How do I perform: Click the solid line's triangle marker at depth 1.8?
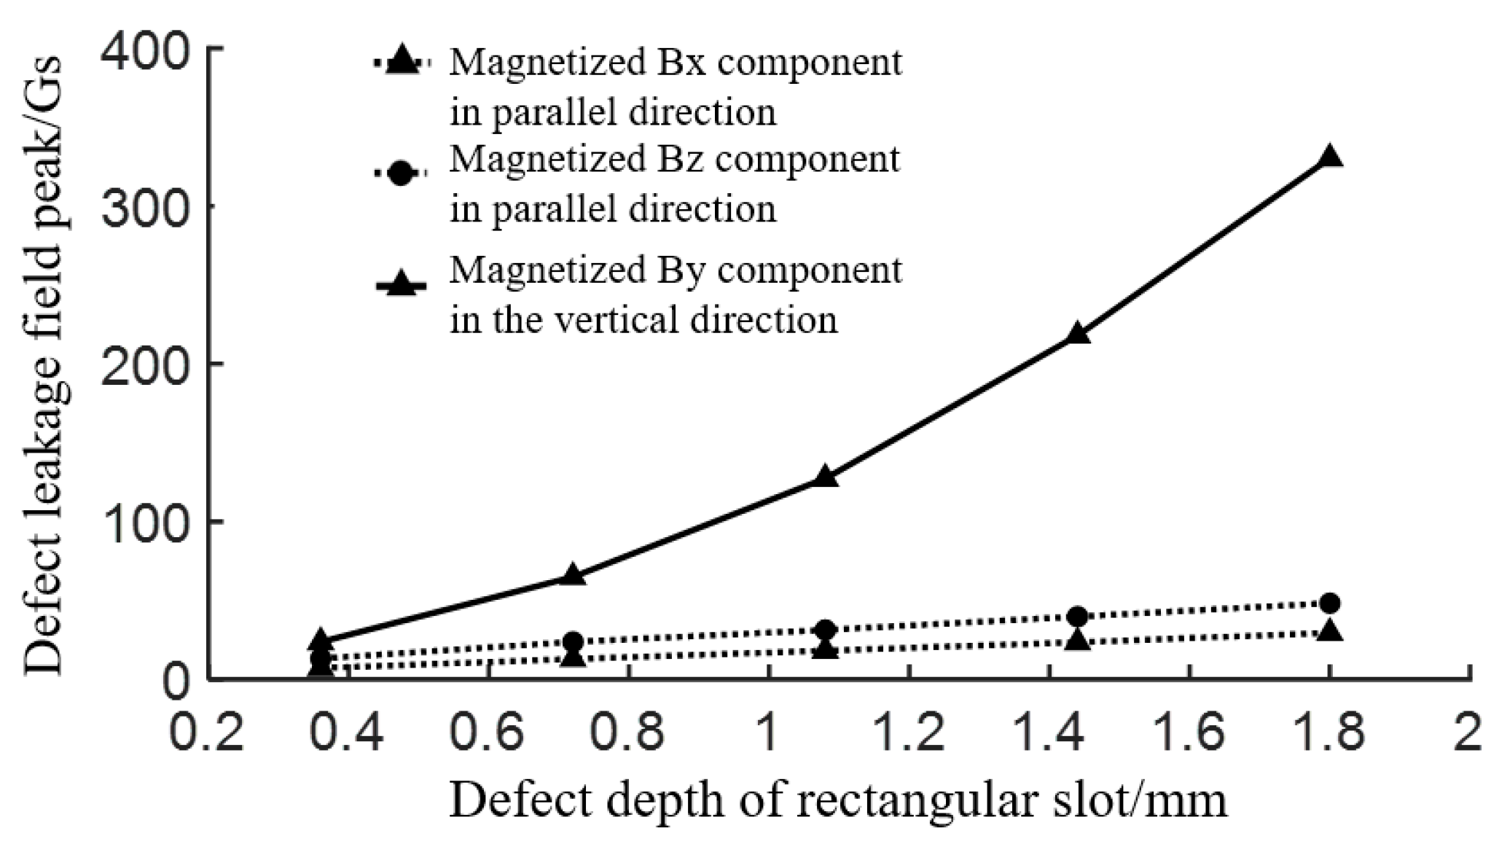(x=1330, y=157)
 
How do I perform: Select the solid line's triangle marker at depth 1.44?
(x=1078, y=334)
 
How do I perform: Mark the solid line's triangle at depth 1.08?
(x=825, y=476)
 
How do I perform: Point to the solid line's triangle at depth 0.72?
(x=573, y=574)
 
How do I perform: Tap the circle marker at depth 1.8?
(x=1330, y=603)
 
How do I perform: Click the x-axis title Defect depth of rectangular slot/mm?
(x=838, y=800)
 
